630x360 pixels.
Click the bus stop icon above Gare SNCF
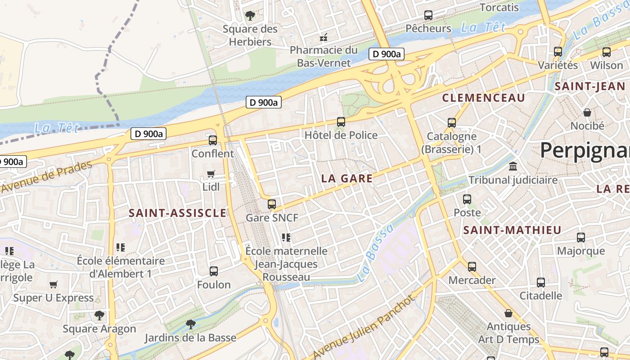click(271, 204)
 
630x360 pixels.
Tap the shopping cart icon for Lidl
click(211, 174)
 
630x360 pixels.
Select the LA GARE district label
click(347, 178)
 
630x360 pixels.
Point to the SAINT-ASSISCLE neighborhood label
click(177, 213)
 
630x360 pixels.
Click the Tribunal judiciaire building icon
click(513, 167)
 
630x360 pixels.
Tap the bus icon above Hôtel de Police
click(341, 122)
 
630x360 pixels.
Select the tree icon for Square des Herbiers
click(250, 16)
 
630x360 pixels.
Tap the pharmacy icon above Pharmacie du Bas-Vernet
click(323, 37)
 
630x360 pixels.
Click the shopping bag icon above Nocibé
click(587, 112)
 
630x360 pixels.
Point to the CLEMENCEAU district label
click(483, 98)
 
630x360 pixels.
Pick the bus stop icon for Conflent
click(213, 140)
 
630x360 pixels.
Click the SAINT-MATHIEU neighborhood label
click(512, 230)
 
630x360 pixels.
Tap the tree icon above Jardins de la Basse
click(190, 324)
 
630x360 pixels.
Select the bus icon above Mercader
click(472, 267)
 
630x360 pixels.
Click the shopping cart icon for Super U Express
click(53, 284)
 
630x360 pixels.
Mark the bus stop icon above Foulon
click(214, 271)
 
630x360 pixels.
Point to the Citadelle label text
click(540, 296)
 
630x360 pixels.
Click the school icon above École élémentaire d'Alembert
click(120, 247)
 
